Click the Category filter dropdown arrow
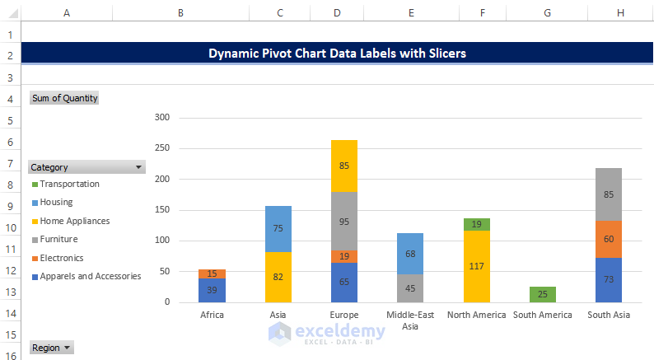click(x=138, y=167)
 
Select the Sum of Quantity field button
click(x=64, y=98)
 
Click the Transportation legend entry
click(x=69, y=185)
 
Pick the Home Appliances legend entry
click(x=74, y=221)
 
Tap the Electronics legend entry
click(x=65, y=258)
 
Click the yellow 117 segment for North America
click(x=477, y=266)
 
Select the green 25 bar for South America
click(x=542, y=294)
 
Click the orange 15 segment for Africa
click(x=212, y=274)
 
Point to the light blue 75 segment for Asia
click(x=278, y=229)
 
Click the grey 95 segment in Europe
click(x=344, y=221)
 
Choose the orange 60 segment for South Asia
click(x=609, y=239)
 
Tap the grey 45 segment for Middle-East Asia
click(x=410, y=288)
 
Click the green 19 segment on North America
click(x=477, y=224)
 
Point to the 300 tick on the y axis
click(x=161, y=118)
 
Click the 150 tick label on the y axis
click(x=161, y=210)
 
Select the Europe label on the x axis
click(x=344, y=315)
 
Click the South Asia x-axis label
click(x=609, y=315)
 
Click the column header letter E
click(x=411, y=12)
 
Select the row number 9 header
click(x=10, y=206)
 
